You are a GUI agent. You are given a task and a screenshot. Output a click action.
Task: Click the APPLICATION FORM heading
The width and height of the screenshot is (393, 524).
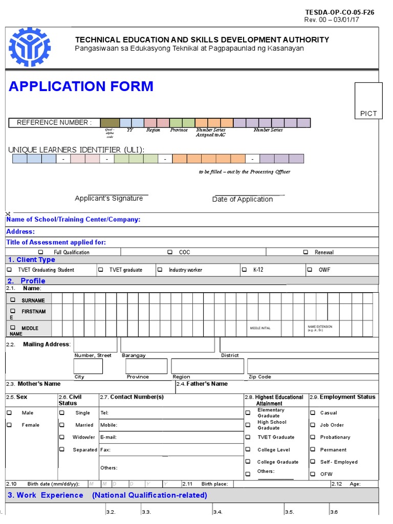tap(81, 86)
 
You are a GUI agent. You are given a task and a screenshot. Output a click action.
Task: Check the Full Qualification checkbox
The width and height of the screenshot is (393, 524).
tap(41, 252)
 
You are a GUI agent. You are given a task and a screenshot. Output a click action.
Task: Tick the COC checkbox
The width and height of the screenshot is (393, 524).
tap(170, 252)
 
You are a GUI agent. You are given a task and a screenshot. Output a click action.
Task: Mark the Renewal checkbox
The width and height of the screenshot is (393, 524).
tap(305, 252)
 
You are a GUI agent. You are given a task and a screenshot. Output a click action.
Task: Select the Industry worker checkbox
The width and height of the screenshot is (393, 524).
tap(160, 270)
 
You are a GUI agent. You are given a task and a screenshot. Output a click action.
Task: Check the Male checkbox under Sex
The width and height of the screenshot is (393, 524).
tap(9, 412)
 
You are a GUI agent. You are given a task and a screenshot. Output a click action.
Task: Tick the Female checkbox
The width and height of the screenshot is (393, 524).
tap(9, 425)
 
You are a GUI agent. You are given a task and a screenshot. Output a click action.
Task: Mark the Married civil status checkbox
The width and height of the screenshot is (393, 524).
tap(62, 425)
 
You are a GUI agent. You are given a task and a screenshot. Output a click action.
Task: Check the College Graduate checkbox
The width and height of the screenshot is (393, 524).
tap(248, 462)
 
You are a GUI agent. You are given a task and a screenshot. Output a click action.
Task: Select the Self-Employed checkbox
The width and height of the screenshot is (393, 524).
tap(313, 462)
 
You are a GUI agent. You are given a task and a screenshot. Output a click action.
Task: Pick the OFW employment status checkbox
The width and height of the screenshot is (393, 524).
tap(313, 474)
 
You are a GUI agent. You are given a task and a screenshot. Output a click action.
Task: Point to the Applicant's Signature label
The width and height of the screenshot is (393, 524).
tap(108, 199)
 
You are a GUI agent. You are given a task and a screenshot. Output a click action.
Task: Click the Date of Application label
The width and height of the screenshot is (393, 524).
tap(243, 200)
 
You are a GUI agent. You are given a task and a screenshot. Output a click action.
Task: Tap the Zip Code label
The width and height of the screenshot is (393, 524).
tap(259, 377)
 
